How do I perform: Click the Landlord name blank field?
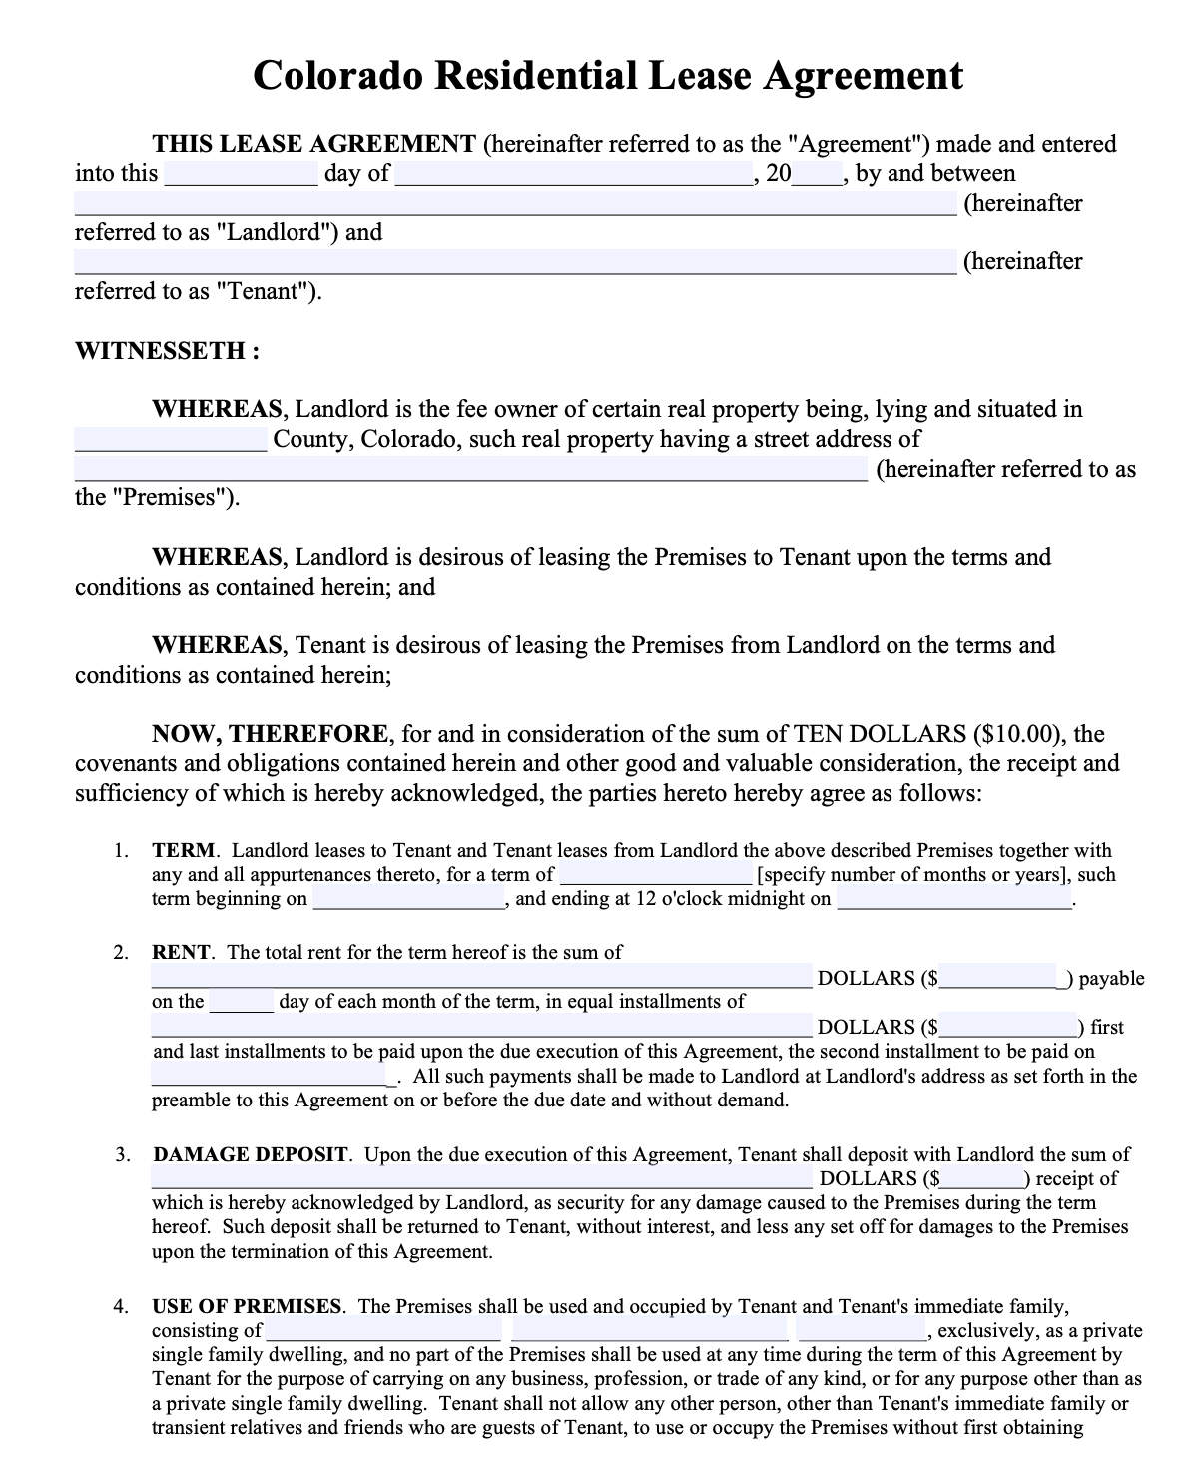(515, 204)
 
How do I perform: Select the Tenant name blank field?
(515, 262)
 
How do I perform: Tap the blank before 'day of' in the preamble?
(241, 175)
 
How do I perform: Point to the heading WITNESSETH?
(167, 351)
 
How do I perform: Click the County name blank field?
(171, 440)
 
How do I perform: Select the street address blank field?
(471, 470)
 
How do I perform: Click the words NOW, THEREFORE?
(270, 735)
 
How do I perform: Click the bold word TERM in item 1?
(184, 851)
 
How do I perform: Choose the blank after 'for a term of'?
(655, 875)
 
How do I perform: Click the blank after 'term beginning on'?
(409, 899)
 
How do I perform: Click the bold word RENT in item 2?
(181, 952)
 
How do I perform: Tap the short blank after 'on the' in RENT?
(241, 1002)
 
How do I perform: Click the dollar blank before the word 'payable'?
(1001, 978)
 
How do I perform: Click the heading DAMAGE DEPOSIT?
(251, 1155)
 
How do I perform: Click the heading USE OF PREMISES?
(247, 1306)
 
